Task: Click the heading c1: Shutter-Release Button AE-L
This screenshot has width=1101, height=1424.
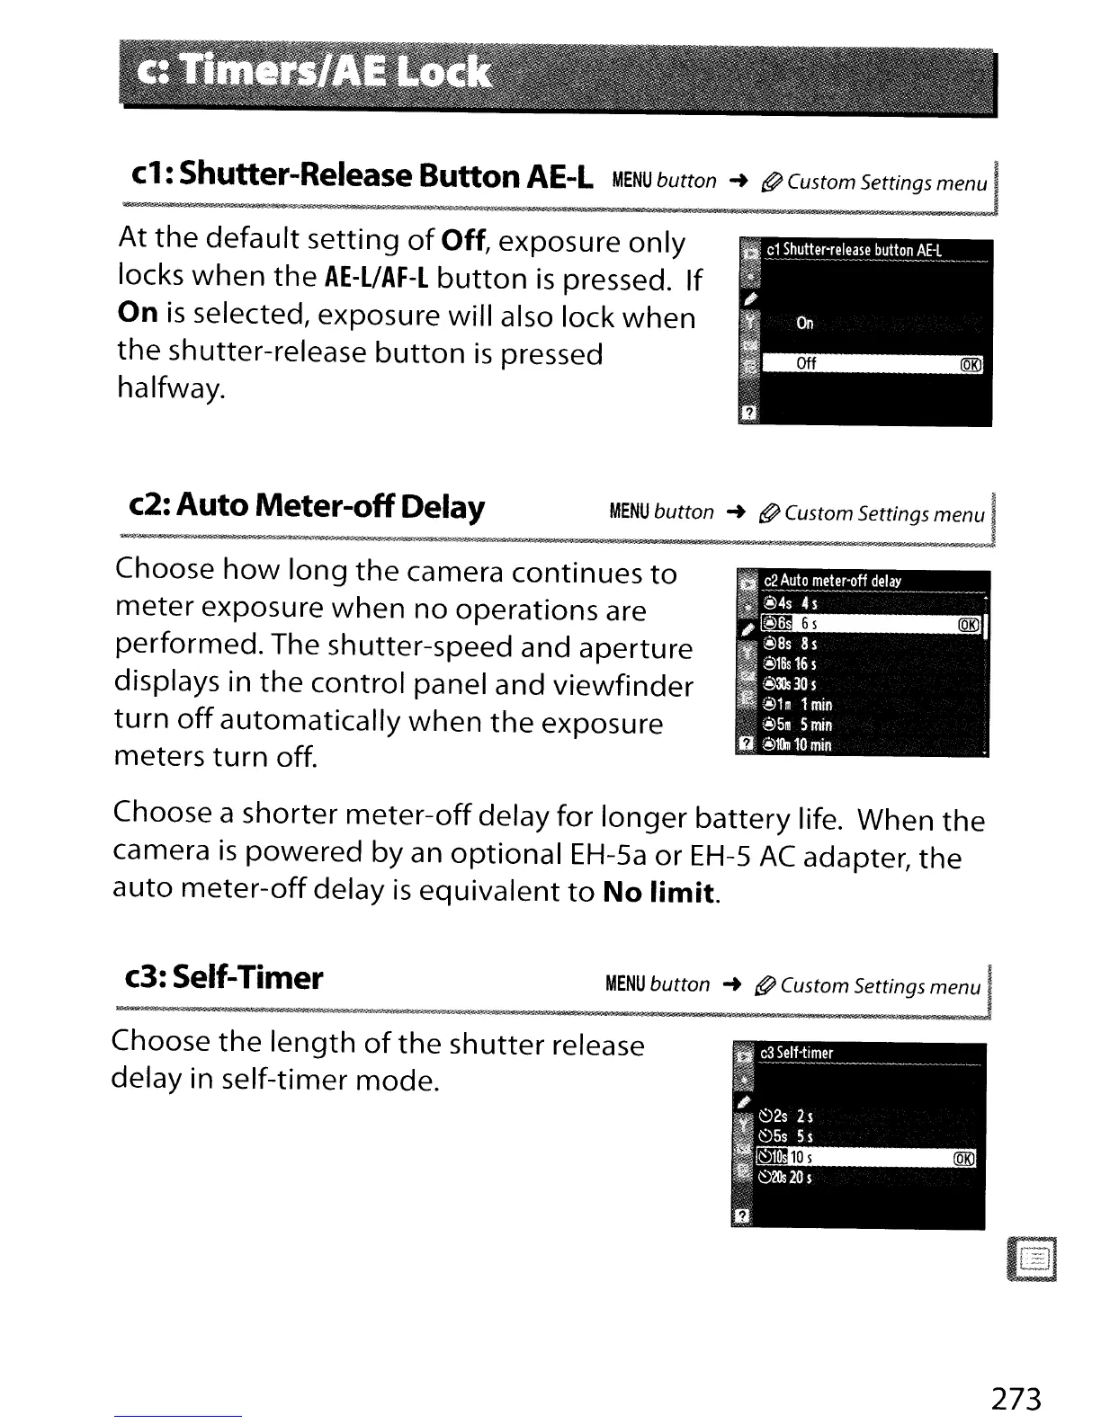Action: [x=360, y=175]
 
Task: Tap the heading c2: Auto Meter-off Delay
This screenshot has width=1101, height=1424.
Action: [x=306, y=507]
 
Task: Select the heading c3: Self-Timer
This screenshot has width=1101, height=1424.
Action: [x=223, y=977]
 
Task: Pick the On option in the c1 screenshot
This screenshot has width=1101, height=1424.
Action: [x=805, y=324]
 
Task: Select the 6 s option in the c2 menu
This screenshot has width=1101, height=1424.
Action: [x=810, y=624]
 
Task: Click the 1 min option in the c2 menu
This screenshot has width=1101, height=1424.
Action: [x=815, y=705]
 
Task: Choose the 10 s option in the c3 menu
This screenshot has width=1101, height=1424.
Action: [x=801, y=1158]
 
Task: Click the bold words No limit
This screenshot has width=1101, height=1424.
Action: [x=659, y=893]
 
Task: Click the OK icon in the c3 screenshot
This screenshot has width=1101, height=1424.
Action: [x=963, y=1159]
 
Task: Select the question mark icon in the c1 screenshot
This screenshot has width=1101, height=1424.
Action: [x=747, y=413]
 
